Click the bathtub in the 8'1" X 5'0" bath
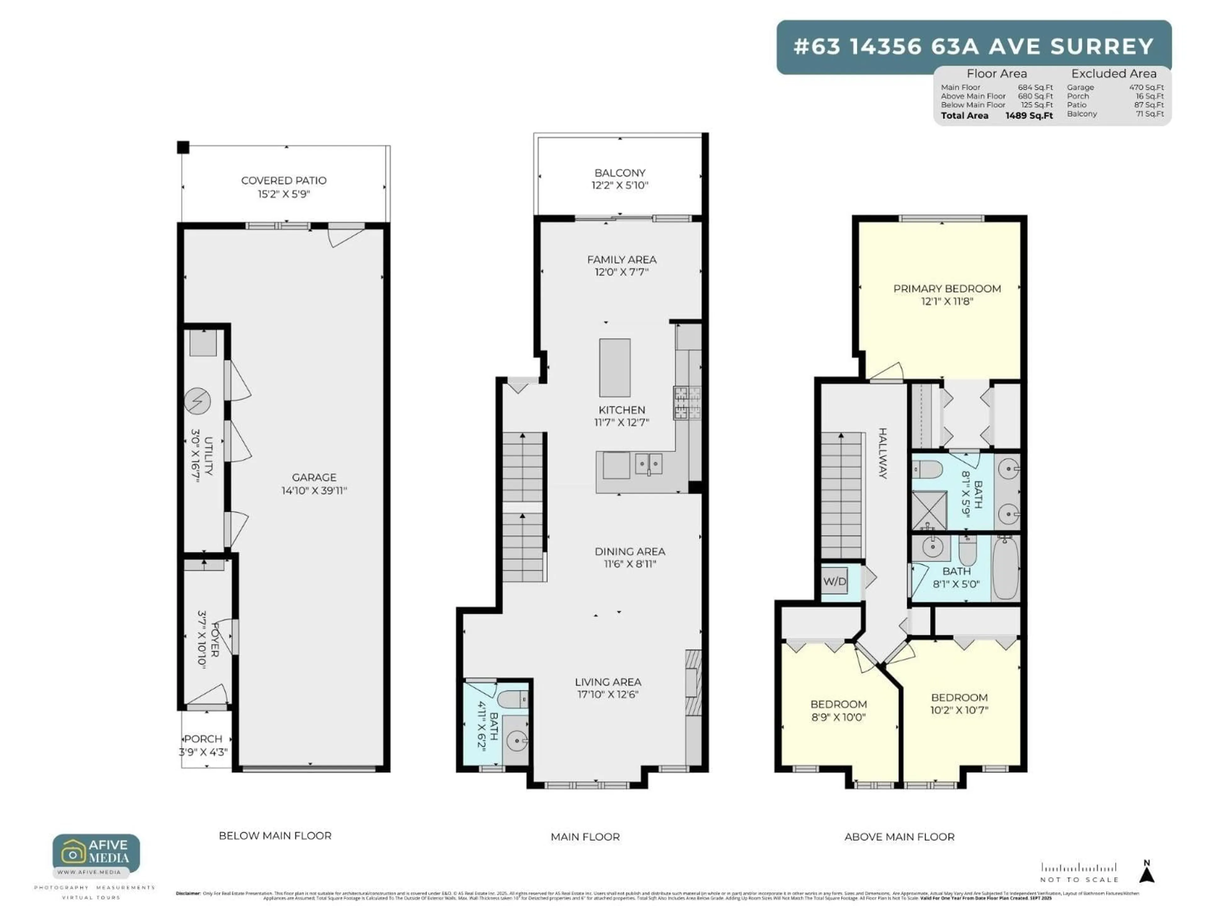tap(1005, 568)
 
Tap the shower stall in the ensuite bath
tap(930, 510)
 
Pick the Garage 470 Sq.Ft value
tap(1146, 87)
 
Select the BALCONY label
tap(619, 173)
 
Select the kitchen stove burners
tap(687, 403)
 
